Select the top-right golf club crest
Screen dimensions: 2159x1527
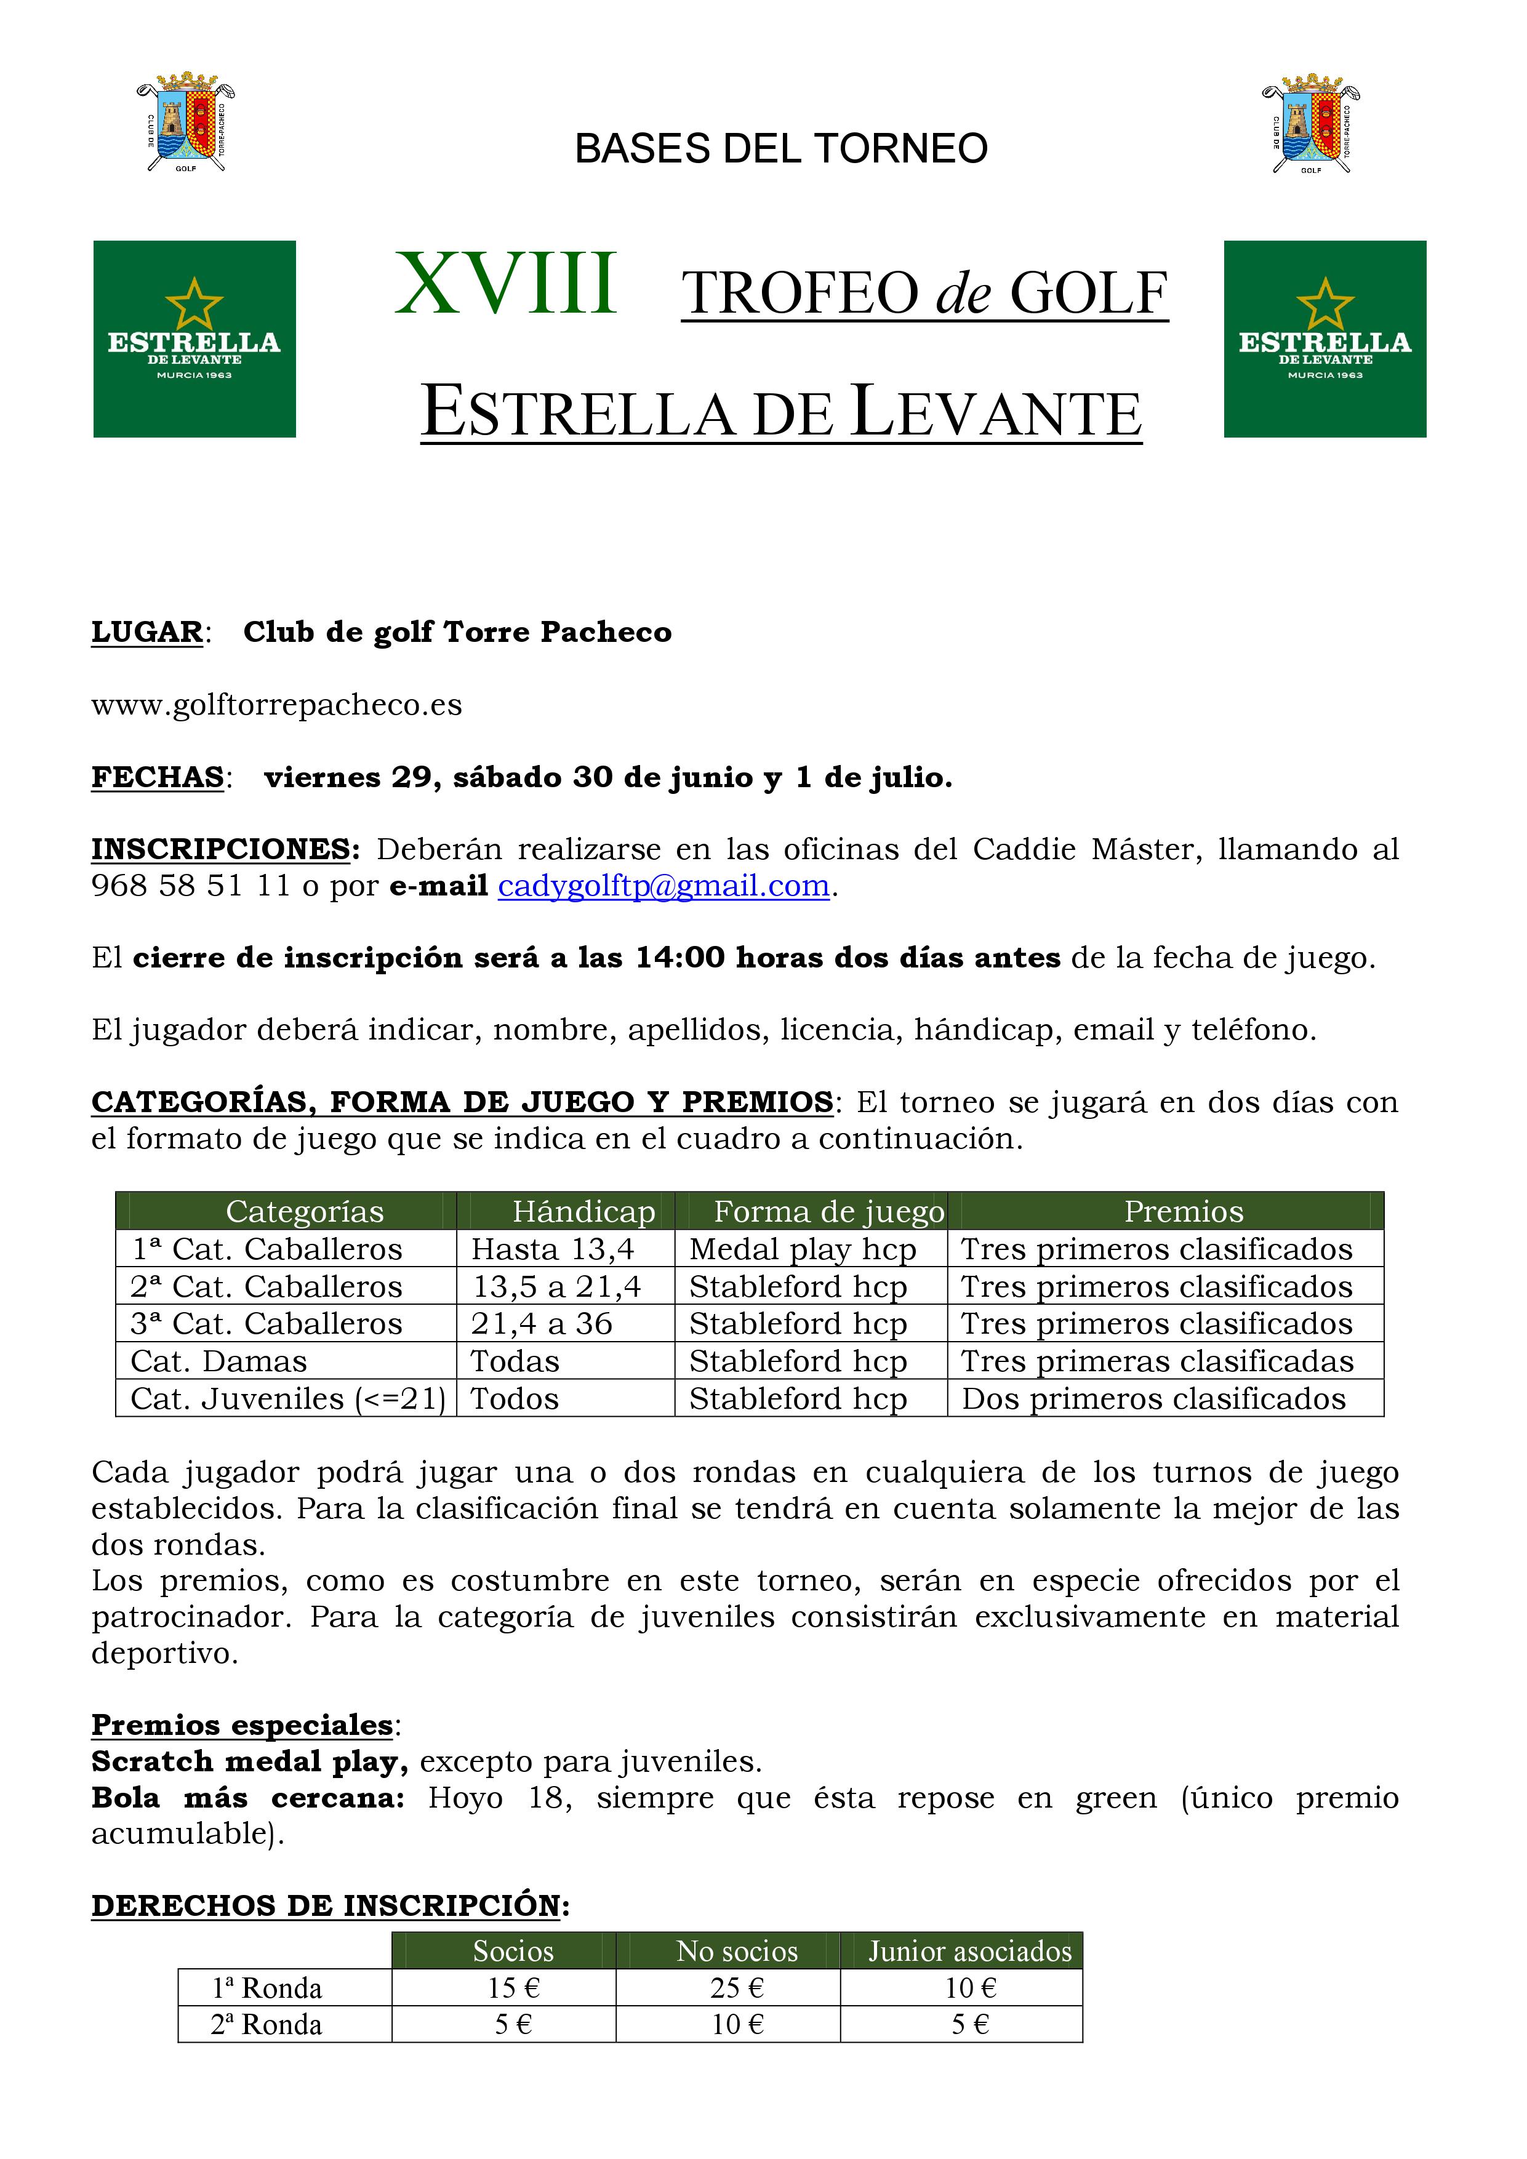(1311, 122)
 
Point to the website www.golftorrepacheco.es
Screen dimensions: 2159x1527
(276, 705)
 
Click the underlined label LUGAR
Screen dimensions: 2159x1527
(146, 632)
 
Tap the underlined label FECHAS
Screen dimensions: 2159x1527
(157, 778)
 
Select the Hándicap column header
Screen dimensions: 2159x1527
(583, 1212)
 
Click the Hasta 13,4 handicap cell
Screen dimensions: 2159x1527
(553, 1250)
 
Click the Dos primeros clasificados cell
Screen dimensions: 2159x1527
(1153, 1399)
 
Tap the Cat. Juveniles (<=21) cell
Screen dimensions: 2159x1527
(287, 1399)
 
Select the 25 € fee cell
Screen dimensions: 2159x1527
(737, 1988)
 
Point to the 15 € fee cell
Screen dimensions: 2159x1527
(513, 1988)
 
